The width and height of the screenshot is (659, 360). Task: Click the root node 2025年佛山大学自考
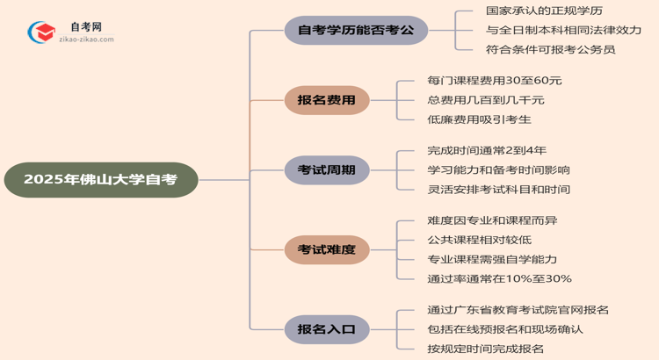[100, 180]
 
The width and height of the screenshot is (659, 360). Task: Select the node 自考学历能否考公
[356, 31]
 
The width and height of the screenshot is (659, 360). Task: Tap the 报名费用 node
[326, 101]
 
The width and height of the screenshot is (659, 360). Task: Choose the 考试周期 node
[326, 170]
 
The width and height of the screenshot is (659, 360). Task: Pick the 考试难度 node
[326, 250]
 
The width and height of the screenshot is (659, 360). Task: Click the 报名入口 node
[326, 329]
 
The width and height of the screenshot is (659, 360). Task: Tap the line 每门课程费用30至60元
[494, 81]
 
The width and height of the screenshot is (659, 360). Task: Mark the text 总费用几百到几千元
[486, 100]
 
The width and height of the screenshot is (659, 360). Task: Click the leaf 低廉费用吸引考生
[479, 119]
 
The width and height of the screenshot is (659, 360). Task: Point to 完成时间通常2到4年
[487, 151]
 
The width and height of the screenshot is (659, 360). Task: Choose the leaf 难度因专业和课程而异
[492, 220]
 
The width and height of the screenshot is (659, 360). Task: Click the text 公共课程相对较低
[479, 240]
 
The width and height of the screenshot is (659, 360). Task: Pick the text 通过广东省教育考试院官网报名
[518, 310]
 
